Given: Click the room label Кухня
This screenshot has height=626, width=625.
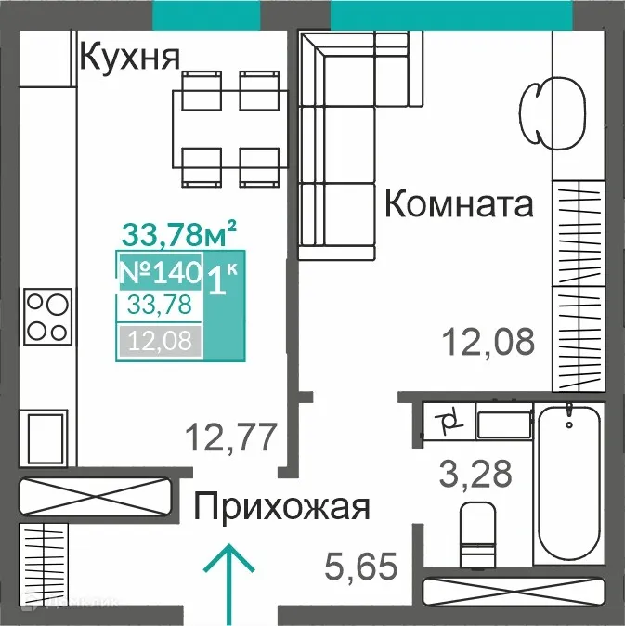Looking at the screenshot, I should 129,58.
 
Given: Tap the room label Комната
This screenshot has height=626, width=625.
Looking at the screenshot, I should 459,203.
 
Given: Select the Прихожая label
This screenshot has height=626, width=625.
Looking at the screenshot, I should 281,507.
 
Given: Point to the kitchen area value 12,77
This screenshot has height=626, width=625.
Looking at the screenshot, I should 231,435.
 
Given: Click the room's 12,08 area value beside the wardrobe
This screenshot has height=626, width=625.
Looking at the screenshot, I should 488,341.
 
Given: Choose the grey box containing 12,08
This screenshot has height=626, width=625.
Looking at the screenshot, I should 159,342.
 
